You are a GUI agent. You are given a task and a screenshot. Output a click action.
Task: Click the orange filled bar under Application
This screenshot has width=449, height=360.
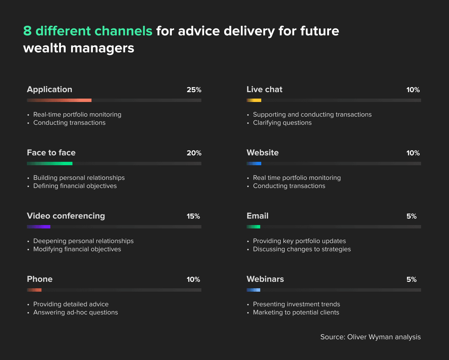59,100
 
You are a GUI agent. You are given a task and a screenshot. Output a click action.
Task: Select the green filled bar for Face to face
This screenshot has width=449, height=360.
50,164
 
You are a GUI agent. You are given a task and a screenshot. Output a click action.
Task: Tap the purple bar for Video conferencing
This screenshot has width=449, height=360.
38,227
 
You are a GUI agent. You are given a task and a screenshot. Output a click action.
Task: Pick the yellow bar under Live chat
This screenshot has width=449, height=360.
254,100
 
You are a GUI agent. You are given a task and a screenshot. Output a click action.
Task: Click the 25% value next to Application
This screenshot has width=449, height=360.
194,90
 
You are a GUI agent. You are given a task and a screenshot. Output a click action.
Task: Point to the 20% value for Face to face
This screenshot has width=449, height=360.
194,153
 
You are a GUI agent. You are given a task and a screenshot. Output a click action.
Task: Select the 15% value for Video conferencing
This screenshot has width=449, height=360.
193,216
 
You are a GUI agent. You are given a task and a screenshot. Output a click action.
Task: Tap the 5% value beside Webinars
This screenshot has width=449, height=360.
411,279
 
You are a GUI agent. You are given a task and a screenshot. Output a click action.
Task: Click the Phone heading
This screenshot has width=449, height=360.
40,279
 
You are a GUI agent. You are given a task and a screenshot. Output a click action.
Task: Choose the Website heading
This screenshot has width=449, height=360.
263,153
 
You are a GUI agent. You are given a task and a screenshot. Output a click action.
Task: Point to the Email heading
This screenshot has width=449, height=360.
257,216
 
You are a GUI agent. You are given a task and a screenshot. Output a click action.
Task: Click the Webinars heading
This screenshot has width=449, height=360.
265,279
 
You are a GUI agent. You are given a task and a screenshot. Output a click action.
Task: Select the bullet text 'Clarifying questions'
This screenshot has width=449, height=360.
282,123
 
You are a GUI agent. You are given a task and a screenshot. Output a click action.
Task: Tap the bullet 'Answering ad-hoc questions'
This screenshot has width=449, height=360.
76,312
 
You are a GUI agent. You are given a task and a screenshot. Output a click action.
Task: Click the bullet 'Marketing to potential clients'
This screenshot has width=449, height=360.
296,312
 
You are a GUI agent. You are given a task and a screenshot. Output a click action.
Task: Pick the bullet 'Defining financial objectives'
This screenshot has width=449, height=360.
75,186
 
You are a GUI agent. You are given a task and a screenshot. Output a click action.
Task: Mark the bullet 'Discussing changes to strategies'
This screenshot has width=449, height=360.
302,249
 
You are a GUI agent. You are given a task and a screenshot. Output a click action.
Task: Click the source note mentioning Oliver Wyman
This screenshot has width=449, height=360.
370,337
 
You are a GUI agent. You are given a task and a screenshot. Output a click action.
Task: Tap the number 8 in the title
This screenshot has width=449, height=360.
27,31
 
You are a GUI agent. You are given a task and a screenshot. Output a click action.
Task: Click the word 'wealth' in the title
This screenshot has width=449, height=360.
45,48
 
